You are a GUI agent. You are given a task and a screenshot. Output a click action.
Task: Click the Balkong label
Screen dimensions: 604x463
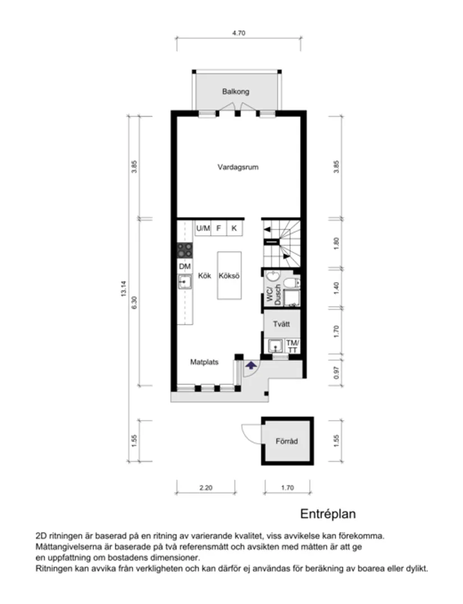[235, 91]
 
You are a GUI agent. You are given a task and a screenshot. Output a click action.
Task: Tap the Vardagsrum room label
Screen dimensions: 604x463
[238, 167]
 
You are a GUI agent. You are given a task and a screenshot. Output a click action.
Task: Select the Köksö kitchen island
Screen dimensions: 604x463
[230, 276]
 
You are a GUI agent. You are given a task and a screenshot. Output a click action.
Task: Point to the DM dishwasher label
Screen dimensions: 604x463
[185, 267]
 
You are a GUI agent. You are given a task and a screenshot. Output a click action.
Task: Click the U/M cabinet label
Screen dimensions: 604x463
[203, 228]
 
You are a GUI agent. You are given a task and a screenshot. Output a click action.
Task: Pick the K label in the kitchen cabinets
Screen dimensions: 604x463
[234, 228]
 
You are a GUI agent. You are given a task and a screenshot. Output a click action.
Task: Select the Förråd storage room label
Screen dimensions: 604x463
[287, 441]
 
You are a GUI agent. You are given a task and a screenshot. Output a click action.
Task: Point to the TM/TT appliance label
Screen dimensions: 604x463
[293, 346]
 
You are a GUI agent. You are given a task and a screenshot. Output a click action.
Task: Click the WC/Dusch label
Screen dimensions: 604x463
[273, 294]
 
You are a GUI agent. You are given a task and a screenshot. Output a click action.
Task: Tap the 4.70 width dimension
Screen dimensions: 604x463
[239, 33]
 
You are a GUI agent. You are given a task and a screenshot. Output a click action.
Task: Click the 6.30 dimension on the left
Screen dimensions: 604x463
[134, 302]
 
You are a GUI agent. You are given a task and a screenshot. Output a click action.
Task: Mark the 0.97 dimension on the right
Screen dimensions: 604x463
[336, 372]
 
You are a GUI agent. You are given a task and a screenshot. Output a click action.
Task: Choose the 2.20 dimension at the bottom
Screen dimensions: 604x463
[206, 488]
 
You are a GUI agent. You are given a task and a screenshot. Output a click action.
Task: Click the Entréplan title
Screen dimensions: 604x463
[328, 514]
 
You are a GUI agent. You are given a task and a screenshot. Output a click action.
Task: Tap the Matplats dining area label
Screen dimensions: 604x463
[204, 362]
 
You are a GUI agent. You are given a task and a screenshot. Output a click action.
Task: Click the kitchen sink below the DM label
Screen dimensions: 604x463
[185, 282]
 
